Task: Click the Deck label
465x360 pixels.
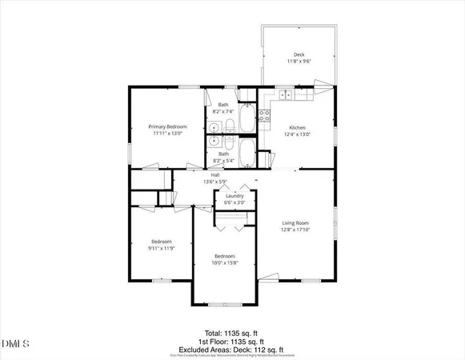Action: click(298, 54)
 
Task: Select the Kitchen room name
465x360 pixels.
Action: click(298, 127)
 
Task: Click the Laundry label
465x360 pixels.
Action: click(235, 196)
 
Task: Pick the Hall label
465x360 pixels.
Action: click(215, 174)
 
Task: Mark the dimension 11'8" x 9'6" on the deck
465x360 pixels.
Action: click(298, 62)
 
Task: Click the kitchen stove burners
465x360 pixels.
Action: click(265, 119)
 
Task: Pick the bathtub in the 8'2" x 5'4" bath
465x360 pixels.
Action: click(245, 154)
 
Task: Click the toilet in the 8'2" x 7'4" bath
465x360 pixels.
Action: click(229, 126)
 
